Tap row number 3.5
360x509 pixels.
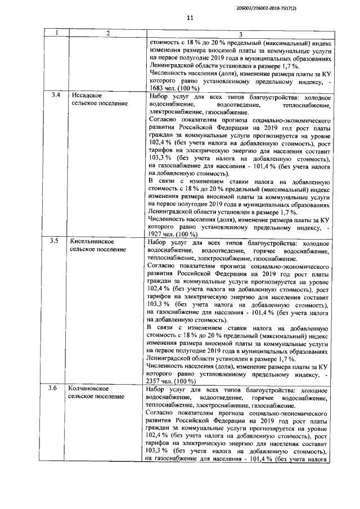click(x=55, y=241)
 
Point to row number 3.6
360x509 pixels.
click(x=55, y=388)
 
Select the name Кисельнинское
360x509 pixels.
click(x=91, y=241)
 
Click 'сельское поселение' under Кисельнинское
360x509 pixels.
click(x=96, y=249)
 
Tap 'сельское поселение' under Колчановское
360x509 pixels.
click(x=96, y=396)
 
